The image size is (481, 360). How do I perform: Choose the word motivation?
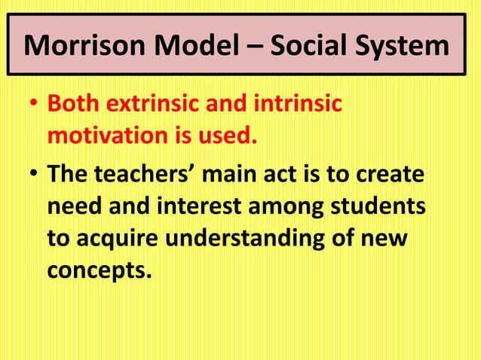coord(105,138)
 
